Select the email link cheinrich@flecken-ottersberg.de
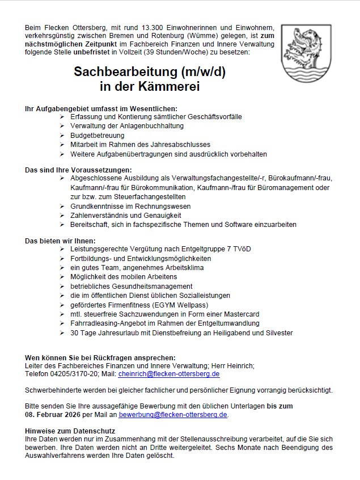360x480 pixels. [168, 374]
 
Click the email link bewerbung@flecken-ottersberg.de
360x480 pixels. [172, 415]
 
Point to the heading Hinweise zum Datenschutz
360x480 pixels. [70, 431]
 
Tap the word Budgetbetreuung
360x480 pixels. [97, 136]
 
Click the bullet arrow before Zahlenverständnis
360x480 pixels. [62, 215]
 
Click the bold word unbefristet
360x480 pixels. [94, 52]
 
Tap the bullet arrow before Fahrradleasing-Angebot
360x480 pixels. [62, 323]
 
